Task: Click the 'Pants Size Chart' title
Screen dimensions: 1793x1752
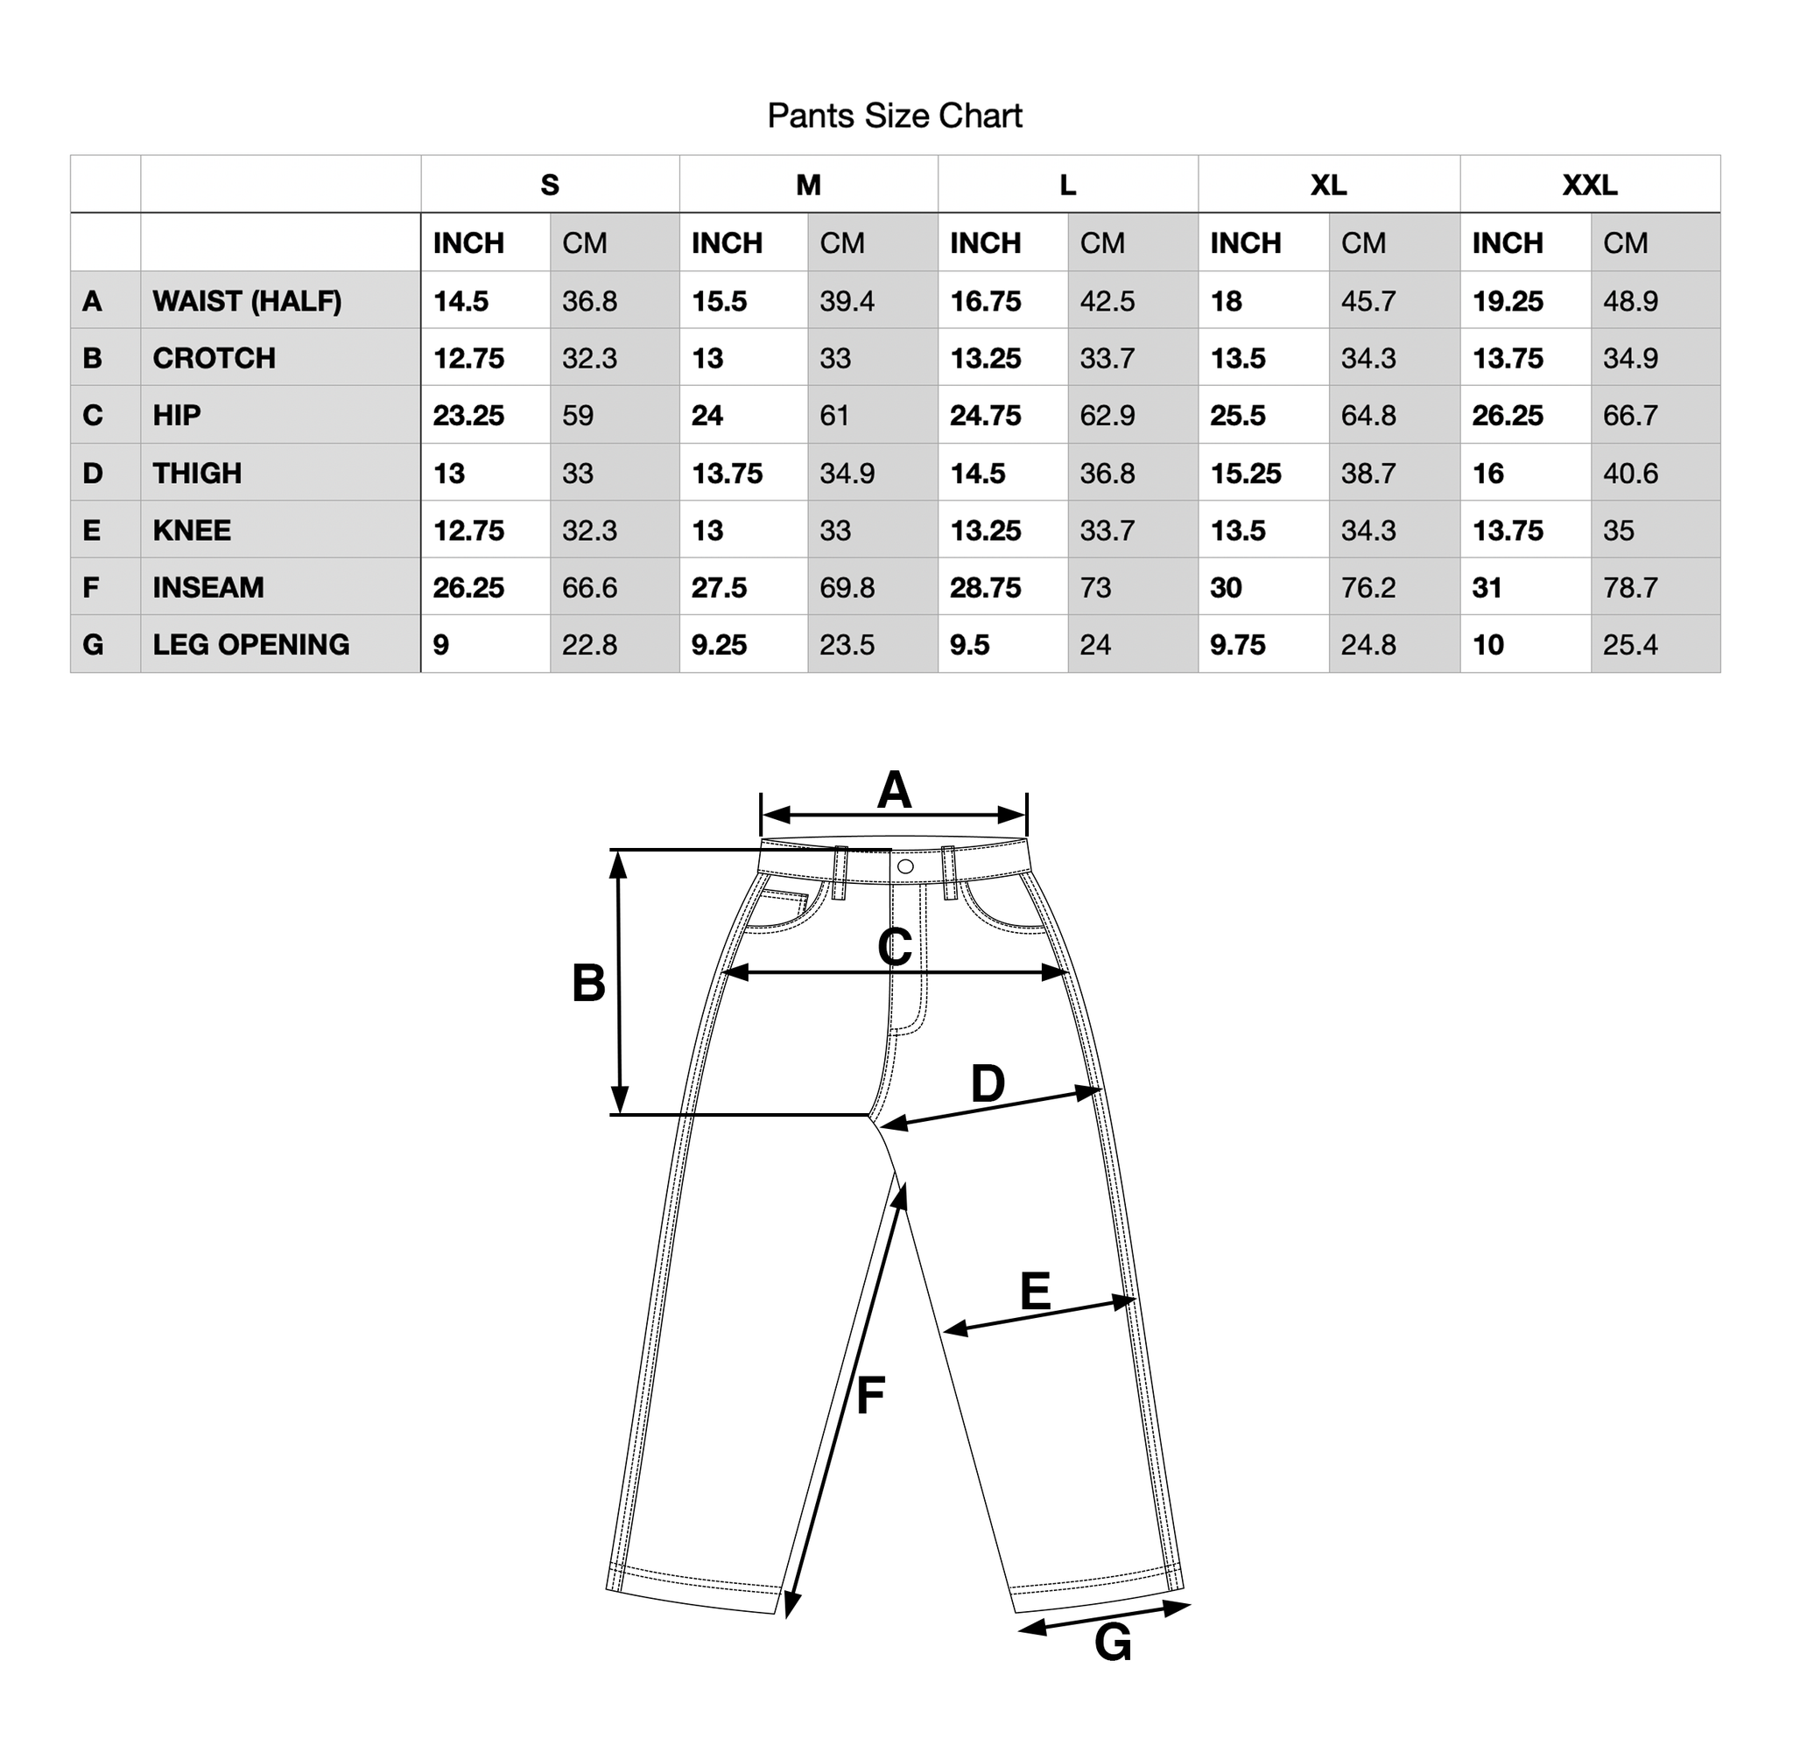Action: tap(895, 116)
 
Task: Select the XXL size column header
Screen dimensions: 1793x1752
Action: tap(1590, 185)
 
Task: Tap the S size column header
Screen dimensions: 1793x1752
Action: tap(550, 185)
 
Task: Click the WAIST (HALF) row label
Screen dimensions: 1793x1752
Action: tap(247, 301)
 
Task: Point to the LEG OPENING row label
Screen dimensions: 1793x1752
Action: tap(251, 644)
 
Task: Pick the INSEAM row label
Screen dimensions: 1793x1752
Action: tap(208, 587)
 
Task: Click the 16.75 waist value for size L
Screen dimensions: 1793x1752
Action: tap(986, 301)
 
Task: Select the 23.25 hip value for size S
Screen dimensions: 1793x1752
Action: tap(468, 415)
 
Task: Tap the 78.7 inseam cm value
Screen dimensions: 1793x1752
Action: tap(1630, 587)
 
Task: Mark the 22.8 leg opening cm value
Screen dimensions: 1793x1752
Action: tap(589, 644)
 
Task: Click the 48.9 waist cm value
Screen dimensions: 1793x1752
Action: tap(1630, 301)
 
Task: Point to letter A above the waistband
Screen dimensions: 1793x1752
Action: tap(894, 790)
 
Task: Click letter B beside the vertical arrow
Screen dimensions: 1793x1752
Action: tap(589, 983)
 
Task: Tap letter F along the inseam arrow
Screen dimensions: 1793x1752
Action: tap(870, 1395)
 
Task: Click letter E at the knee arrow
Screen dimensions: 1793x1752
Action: tap(1036, 1291)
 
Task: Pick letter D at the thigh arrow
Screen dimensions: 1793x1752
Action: tap(988, 1084)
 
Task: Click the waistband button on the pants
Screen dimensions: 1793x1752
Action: tap(904, 866)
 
